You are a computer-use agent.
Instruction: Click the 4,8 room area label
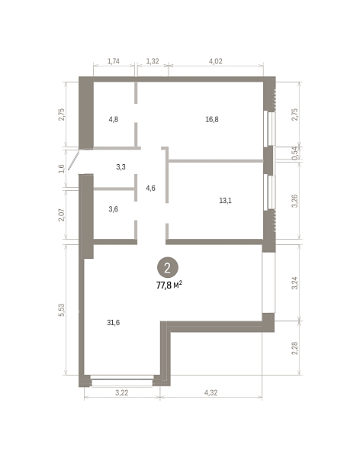point(114,119)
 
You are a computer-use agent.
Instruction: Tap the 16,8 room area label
point(212,119)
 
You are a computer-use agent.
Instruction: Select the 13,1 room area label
point(226,200)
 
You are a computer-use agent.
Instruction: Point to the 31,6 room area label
point(114,322)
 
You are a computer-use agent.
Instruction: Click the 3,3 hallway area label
point(121,166)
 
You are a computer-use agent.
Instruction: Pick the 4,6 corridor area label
point(151,188)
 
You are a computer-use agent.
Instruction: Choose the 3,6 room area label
point(114,209)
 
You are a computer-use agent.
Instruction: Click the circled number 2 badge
point(168,268)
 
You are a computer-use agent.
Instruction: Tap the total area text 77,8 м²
point(169,285)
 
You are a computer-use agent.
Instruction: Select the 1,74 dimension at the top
point(114,61)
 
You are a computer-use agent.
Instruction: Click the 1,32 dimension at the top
point(153,61)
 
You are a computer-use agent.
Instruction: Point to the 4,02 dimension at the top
point(216,61)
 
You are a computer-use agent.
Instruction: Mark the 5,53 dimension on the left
point(61,310)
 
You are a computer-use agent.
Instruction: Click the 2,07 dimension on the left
point(61,215)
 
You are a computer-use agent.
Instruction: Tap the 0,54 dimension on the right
point(294,153)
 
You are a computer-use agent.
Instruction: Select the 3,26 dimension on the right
point(294,201)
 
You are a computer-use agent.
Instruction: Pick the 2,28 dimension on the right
point(294,348)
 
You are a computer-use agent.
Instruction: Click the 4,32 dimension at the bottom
point(211,392)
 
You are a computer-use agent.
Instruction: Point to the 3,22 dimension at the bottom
point(122,392)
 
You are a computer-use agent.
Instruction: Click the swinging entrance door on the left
point(73,160)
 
